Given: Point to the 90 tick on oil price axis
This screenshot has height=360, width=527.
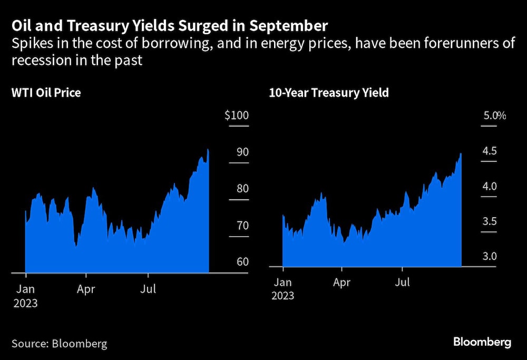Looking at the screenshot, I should click(x=240, y=152).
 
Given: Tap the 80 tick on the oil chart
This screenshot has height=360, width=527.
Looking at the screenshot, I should click(x=240, y=189).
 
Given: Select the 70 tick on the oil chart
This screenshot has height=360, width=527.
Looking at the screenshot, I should click(x=240, y=226).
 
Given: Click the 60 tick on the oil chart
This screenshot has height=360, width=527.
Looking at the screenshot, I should click(x=240, y=262).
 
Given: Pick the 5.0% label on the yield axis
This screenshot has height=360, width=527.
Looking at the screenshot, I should click(x=494, y=115).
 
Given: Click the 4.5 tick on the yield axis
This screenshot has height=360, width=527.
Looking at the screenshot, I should click(x=490, y=151).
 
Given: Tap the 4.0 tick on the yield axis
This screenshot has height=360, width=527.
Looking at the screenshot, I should click(x=490, y=187).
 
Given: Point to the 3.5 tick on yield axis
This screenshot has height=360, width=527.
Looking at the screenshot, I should click(x=490, y=221).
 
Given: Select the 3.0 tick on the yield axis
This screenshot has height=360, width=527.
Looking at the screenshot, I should click(x=490, y=257).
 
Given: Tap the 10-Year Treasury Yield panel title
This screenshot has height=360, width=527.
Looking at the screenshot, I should click(x=329, y=93).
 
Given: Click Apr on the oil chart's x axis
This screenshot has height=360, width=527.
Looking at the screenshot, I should click(x=86, y=289).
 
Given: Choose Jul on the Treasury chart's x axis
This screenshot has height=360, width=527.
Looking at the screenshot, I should click(x=403, y=283).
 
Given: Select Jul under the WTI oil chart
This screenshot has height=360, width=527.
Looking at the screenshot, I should click(x=148, y=289).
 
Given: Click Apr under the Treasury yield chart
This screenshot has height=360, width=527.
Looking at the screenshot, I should click(x=341, y=283).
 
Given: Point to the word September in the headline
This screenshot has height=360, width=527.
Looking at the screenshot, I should click(x=284, y=26).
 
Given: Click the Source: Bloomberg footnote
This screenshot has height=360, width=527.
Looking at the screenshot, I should click(x=59, y=344).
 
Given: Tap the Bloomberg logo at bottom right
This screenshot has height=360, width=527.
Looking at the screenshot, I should click(x=482, y=343).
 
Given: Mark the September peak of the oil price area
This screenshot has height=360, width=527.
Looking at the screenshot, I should click(x=208, y=150).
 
